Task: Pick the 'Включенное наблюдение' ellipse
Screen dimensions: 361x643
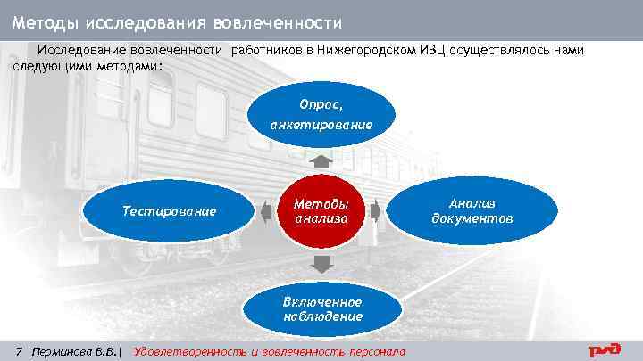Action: (321, 308)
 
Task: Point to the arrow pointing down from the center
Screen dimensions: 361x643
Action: (321, 263)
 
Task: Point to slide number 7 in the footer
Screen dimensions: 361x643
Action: (20, 351)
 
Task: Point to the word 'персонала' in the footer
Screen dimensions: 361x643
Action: (375, 351)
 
